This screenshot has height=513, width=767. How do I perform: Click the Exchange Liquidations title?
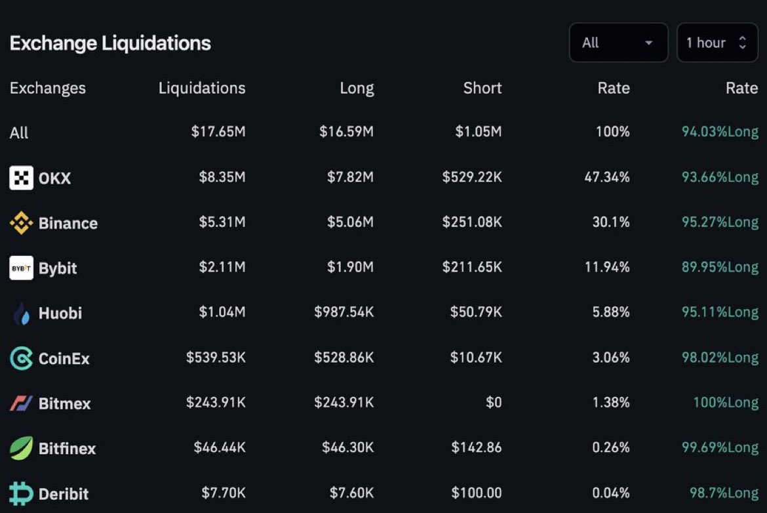(110, 43)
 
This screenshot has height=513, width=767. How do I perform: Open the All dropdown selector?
(618, 43)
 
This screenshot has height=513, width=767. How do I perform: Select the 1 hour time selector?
(717, 43)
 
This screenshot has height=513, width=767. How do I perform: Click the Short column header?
(482, 88)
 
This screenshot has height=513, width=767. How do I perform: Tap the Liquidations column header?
(202, 88)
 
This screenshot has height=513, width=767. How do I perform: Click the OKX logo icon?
(21, 178)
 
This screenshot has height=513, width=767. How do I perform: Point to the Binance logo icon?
(21, 223)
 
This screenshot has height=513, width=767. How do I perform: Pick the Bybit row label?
(58, 268)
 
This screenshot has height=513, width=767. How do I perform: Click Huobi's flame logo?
(21, 314)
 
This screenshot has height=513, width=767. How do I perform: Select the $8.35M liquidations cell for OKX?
(222, 178)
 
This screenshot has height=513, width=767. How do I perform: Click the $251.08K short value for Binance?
(472, 222)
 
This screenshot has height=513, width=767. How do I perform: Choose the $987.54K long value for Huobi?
(344, 312)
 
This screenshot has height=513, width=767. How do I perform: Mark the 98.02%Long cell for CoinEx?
(720, 358)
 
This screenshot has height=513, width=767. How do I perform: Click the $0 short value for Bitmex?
(494, 402)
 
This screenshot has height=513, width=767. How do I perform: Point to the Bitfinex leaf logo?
(21, 448)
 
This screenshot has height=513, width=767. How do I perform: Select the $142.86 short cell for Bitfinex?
(477, 447)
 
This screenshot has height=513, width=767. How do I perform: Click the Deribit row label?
(63, 493)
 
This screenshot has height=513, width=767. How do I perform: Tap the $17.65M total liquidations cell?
(218, 132)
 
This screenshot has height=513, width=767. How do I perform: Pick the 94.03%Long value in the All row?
(720, 132)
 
